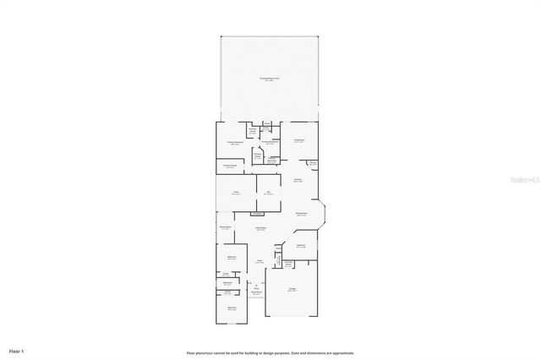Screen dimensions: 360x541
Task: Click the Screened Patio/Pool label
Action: coord(270,79)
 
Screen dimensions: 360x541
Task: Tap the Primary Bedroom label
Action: coord(236,144)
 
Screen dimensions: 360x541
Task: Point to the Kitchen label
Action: coord(298,180)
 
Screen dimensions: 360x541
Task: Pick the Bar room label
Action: coord(269,194)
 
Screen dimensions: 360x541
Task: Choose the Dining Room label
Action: coord(301,214)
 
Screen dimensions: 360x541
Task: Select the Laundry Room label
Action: coord(287,265)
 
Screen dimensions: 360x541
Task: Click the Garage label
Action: coord(292,290)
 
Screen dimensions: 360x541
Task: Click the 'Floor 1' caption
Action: coord(17,350)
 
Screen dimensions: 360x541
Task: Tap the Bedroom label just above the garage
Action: coord(301,246)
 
